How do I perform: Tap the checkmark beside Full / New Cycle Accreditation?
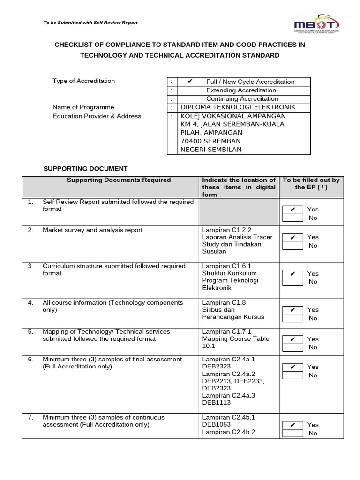click(190, 82)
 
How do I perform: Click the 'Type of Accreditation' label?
click(83, 81)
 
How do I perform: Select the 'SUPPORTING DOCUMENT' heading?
click(85, 168)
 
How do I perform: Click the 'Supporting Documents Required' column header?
click(119, 180)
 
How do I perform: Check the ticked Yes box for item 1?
click(292, 210)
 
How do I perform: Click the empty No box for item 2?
click(292, 246)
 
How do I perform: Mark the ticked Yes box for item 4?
click(292, 310)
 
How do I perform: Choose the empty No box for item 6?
click(292, 375)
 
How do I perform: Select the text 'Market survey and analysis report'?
click(92, 230)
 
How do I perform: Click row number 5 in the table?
click(30, 331)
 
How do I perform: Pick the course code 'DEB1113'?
click(216, 402)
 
